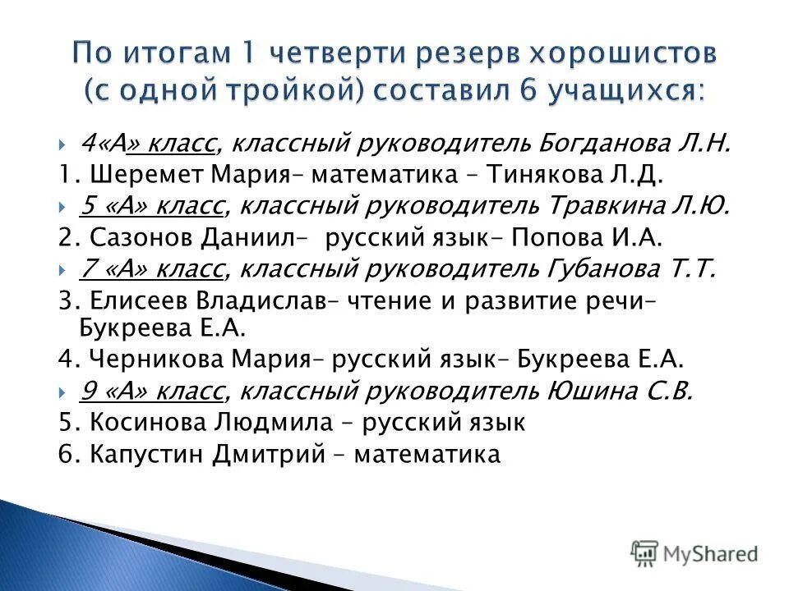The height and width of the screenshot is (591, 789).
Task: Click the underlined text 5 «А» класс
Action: click(151, 206)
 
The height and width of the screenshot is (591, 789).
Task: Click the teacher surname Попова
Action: click(556, 238)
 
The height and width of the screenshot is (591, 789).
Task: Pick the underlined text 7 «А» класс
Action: click(151, 268)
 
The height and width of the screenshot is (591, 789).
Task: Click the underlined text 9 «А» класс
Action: click(151, 392)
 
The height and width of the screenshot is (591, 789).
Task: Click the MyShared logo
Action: click(694, 553)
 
